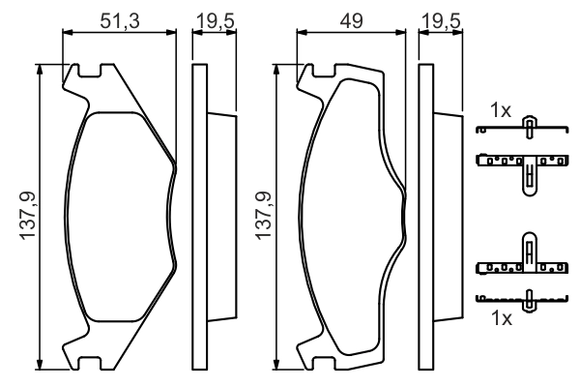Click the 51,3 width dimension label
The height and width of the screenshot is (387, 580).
pos(119,18)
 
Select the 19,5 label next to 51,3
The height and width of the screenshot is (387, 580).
pos(215,18)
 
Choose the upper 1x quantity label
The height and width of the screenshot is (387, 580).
pos(500,110)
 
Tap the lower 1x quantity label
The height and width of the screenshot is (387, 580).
pos(500,317)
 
